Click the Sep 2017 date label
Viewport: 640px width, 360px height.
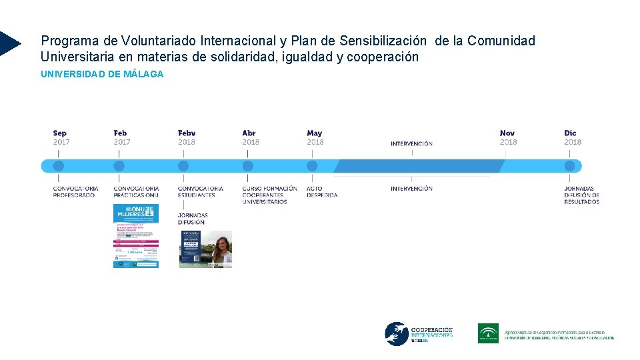[61, 137]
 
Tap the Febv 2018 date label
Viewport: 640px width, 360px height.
[187, 137]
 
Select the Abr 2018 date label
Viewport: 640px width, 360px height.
[251, 137]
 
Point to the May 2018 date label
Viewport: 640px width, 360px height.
[315, 137]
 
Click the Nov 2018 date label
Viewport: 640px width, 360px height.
[508, 137]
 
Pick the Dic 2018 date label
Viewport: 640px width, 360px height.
[573, 137]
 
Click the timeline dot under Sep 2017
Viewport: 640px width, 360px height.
[59, 166]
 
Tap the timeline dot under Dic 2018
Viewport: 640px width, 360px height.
[569, 166]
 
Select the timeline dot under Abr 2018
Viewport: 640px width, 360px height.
[248, 166]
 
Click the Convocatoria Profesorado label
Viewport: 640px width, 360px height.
[75, 192]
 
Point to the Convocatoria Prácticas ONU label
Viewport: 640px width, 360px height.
[136, 192]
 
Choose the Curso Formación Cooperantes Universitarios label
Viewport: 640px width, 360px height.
[269, 195]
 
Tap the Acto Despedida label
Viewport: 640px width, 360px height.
[322, 192]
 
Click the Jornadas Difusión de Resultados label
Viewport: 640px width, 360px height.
[581, 195]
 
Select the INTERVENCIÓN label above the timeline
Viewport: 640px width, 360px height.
[411, 143]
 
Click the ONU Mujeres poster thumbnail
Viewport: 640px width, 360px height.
[136, 236]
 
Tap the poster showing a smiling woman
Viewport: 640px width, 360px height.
[206, 249]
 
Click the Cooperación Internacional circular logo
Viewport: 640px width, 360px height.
[396, 334]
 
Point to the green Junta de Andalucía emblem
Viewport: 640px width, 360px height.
[488, 333]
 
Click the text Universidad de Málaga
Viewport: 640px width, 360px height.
[102, 74]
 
